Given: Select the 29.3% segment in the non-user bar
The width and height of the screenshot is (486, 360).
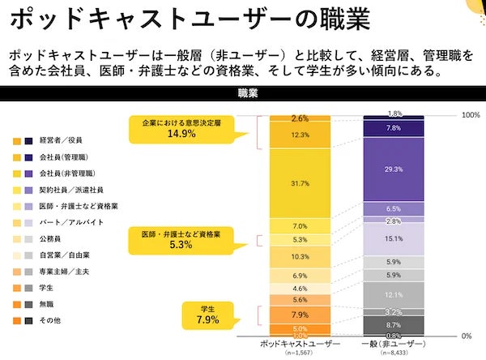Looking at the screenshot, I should [x=394, y=168].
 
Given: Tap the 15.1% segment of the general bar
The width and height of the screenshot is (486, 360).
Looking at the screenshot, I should [x=394, y=239].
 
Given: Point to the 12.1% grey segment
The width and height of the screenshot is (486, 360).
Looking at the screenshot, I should [x=394, y=294].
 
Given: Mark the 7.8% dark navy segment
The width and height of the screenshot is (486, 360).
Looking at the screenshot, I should [x=394, y=128].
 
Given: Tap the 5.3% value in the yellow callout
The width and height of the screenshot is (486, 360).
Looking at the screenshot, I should [x=181, y=244].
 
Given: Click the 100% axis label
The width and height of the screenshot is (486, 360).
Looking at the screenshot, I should [x=471, y=115].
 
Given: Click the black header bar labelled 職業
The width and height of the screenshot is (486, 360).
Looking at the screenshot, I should [x=243, y=93].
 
